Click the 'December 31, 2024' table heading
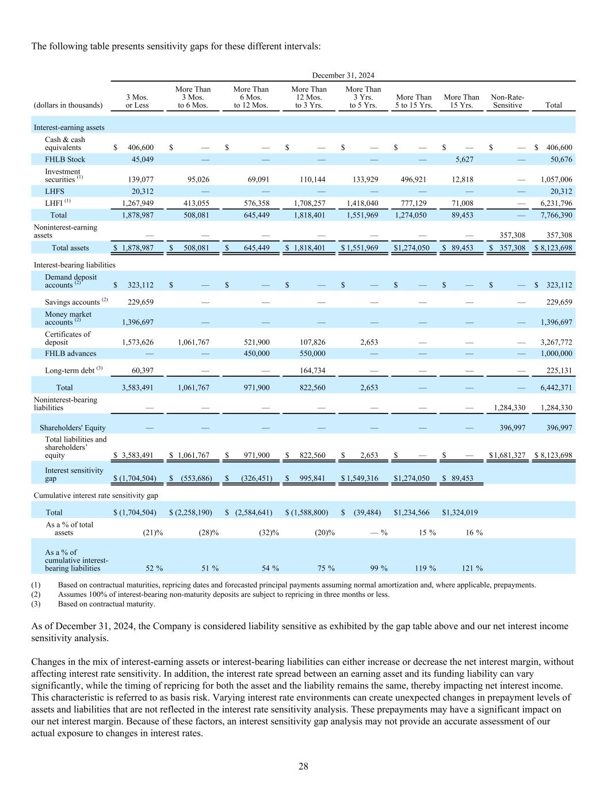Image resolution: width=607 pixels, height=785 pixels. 343,75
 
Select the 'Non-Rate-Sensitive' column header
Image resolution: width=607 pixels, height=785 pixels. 507,101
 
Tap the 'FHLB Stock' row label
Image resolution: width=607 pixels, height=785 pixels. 64,159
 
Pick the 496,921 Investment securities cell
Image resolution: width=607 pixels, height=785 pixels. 414,179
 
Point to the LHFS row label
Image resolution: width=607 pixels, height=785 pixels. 55,192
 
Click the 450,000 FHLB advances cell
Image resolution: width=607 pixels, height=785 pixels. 253,354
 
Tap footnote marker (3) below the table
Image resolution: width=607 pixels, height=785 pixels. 36,604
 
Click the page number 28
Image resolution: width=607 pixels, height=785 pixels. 303,766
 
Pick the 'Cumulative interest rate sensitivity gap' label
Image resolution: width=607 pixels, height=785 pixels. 96,495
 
